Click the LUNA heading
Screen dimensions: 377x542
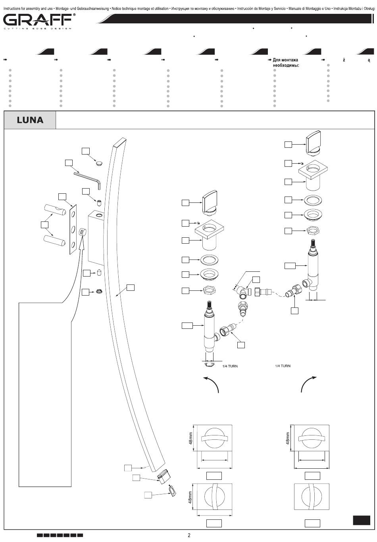coord(30,120)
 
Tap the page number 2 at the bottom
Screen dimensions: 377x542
coord(189,535)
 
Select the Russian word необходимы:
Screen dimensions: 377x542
coord(286,65)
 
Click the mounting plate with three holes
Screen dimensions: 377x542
coord(73,229)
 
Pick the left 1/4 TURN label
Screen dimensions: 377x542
coord(230,366)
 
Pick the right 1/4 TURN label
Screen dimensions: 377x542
coord(283,366)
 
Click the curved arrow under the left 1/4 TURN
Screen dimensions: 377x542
coord(213,382)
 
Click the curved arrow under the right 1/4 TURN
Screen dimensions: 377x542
coord(306,382)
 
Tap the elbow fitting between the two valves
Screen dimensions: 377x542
coord(243,292)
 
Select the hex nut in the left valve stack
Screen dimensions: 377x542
coord(209,290)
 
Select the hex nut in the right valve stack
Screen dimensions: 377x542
coord(313,230)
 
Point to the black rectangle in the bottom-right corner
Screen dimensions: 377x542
coord(362,520)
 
